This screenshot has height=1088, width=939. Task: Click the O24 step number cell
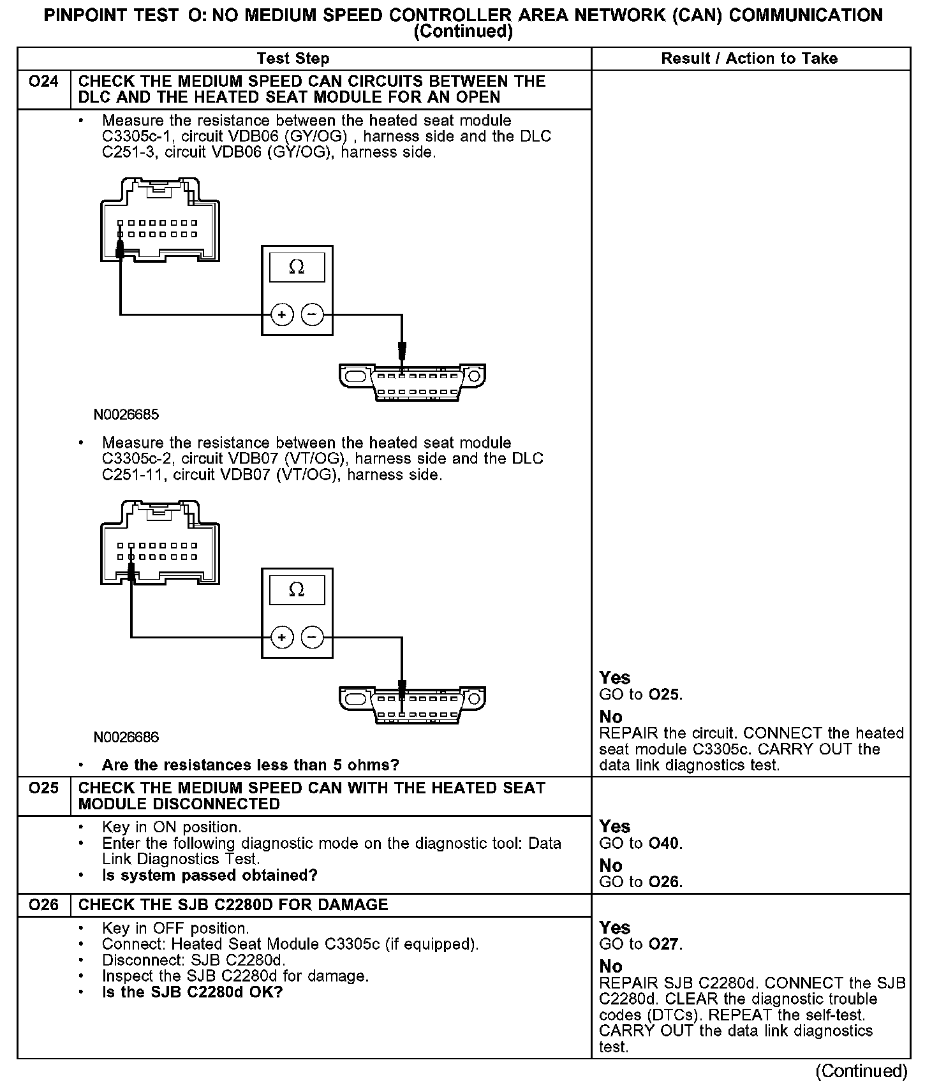tap(43, 82)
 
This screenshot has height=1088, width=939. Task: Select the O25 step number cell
tap(43, 788)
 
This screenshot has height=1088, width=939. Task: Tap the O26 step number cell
tap(43, 905)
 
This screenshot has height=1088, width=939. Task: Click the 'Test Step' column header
tap(293, 59)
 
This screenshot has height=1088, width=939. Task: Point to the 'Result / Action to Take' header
tap(749, 59)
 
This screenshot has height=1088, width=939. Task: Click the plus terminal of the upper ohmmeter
tap(281, 314)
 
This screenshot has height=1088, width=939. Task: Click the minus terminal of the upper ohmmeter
tap(312, 314)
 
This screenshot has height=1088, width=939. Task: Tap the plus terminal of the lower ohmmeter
tap(281, 637)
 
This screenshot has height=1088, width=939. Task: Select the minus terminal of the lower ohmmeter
tap(312, 637)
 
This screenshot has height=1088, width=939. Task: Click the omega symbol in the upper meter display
tap(297, 267)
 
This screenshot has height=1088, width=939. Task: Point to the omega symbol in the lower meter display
tap(297, 590)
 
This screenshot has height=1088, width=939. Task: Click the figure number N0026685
tap(126, 415)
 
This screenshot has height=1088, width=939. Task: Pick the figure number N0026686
tap(126, 738)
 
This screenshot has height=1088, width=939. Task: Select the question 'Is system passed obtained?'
tap(210, 876)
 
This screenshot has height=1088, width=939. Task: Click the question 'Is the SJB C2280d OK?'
tap(192, 992)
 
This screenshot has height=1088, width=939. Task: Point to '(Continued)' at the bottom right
tap(861, 1071)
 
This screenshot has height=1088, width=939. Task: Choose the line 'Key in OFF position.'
tap(175, 929)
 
